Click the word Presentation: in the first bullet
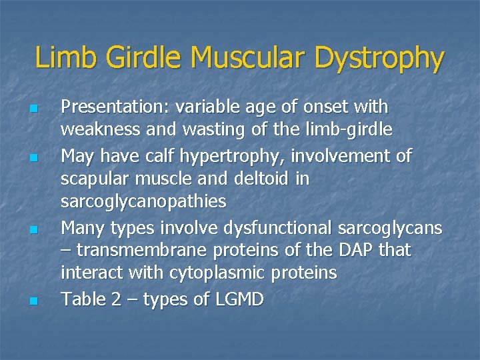point(114,107)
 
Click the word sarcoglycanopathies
point(143,201)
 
